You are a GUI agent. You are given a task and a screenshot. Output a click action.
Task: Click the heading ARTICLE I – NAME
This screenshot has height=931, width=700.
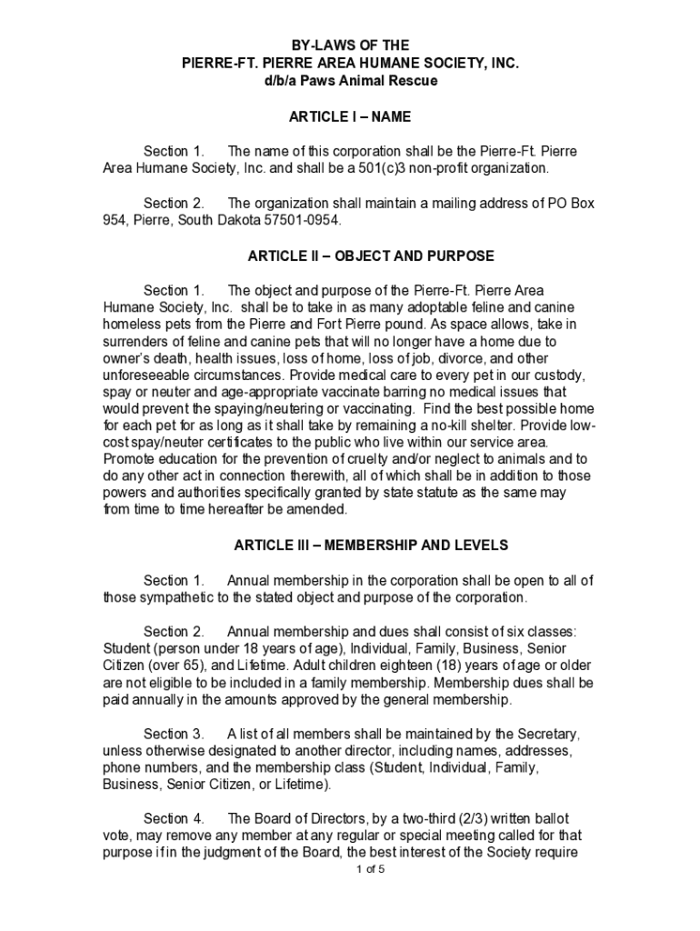pos(350,116)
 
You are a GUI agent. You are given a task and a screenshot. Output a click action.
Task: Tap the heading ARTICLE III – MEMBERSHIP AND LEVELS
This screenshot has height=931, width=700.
pos(371,546)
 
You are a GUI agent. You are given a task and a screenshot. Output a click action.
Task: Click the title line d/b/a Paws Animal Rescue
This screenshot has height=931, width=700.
pos(350,81)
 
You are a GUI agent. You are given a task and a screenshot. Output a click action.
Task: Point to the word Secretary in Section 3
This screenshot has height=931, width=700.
pos(545,734)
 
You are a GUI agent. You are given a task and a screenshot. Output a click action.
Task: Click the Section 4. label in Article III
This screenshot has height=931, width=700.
pos(173,818)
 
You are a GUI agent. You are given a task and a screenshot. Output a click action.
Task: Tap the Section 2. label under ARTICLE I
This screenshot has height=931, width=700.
pos(173,204)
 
